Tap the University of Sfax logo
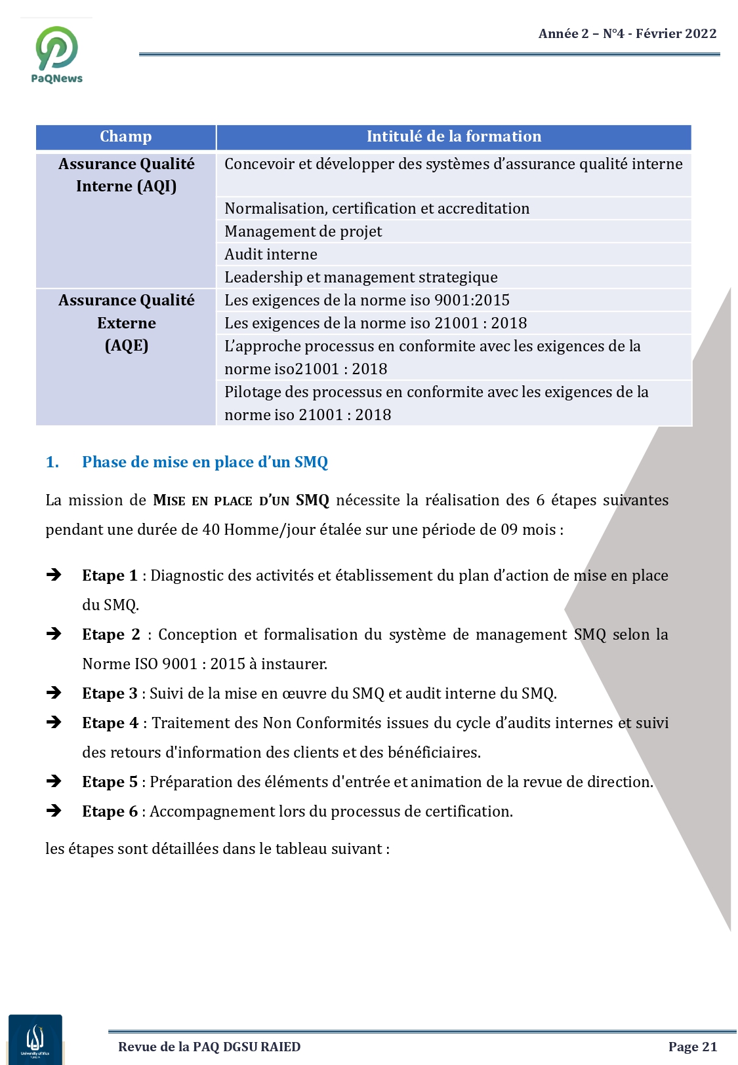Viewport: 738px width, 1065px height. tap(35, 1039)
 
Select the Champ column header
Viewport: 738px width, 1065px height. tap(125, 136)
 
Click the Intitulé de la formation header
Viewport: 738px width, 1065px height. tap(454, 136)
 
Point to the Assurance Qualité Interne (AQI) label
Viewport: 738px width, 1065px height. tap(126, 175)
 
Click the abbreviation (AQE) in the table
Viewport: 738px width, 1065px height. tap(127, 345)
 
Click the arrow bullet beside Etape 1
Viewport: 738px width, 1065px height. tap(54, 575)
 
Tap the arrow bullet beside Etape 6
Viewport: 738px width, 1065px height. tap(54, 811)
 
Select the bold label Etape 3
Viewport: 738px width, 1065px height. tap(110, 693)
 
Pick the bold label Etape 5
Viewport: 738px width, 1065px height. tap(110, 782)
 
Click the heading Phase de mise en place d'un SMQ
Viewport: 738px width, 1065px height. tap(205, 462)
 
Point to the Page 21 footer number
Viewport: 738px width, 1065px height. tap(692, 1047)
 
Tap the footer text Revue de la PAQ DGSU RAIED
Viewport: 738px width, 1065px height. tap(209, 1047)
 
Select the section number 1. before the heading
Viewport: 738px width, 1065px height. tap(52, 462)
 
